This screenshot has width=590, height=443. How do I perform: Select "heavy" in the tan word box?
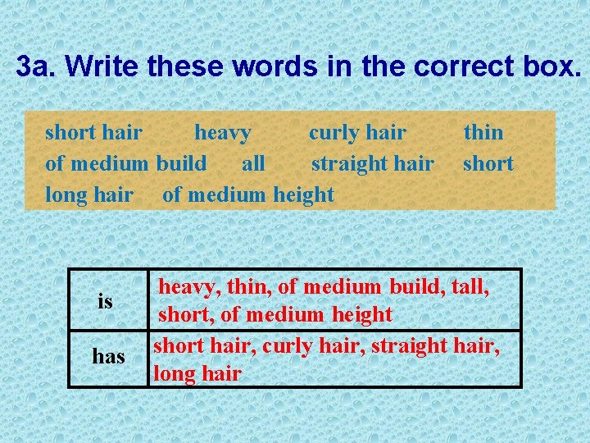point(223,132)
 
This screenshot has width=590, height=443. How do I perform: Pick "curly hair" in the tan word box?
point(357,132)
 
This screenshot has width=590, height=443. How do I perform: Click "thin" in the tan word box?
point(483,132)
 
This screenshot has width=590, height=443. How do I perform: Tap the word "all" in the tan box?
point(253,163)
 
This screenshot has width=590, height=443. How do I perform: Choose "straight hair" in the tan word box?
point(372,163)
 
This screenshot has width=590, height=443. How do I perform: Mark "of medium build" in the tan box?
point(125,163)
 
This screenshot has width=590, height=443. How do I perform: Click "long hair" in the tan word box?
point(88,194)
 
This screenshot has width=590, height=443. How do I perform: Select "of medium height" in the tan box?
point(248,194)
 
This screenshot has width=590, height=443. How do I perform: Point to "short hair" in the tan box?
point(93,132)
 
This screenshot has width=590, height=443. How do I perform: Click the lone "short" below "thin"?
point(488,163)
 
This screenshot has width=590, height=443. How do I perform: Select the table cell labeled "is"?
point(105,301)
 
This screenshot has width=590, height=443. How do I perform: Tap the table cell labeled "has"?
point(108,356)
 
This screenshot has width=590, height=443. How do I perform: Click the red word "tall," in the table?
point(470,287)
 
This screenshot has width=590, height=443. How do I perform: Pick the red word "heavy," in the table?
point(190,287)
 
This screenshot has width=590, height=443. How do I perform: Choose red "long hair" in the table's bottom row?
point(197,374)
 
